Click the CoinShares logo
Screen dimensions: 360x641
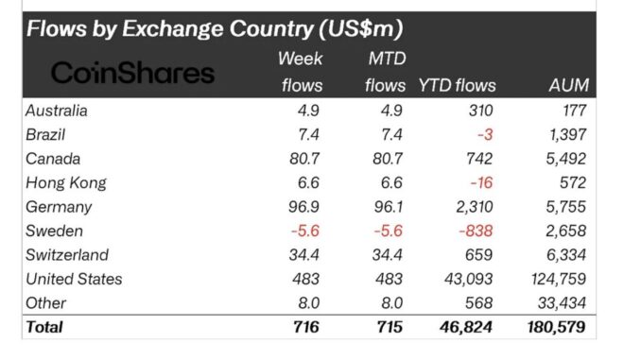[132, 73]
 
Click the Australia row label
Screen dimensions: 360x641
[58, 111]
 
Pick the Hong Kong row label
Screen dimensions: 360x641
[66, 182]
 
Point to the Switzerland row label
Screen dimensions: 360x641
[67, 254]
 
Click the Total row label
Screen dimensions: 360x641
[45, 327]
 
